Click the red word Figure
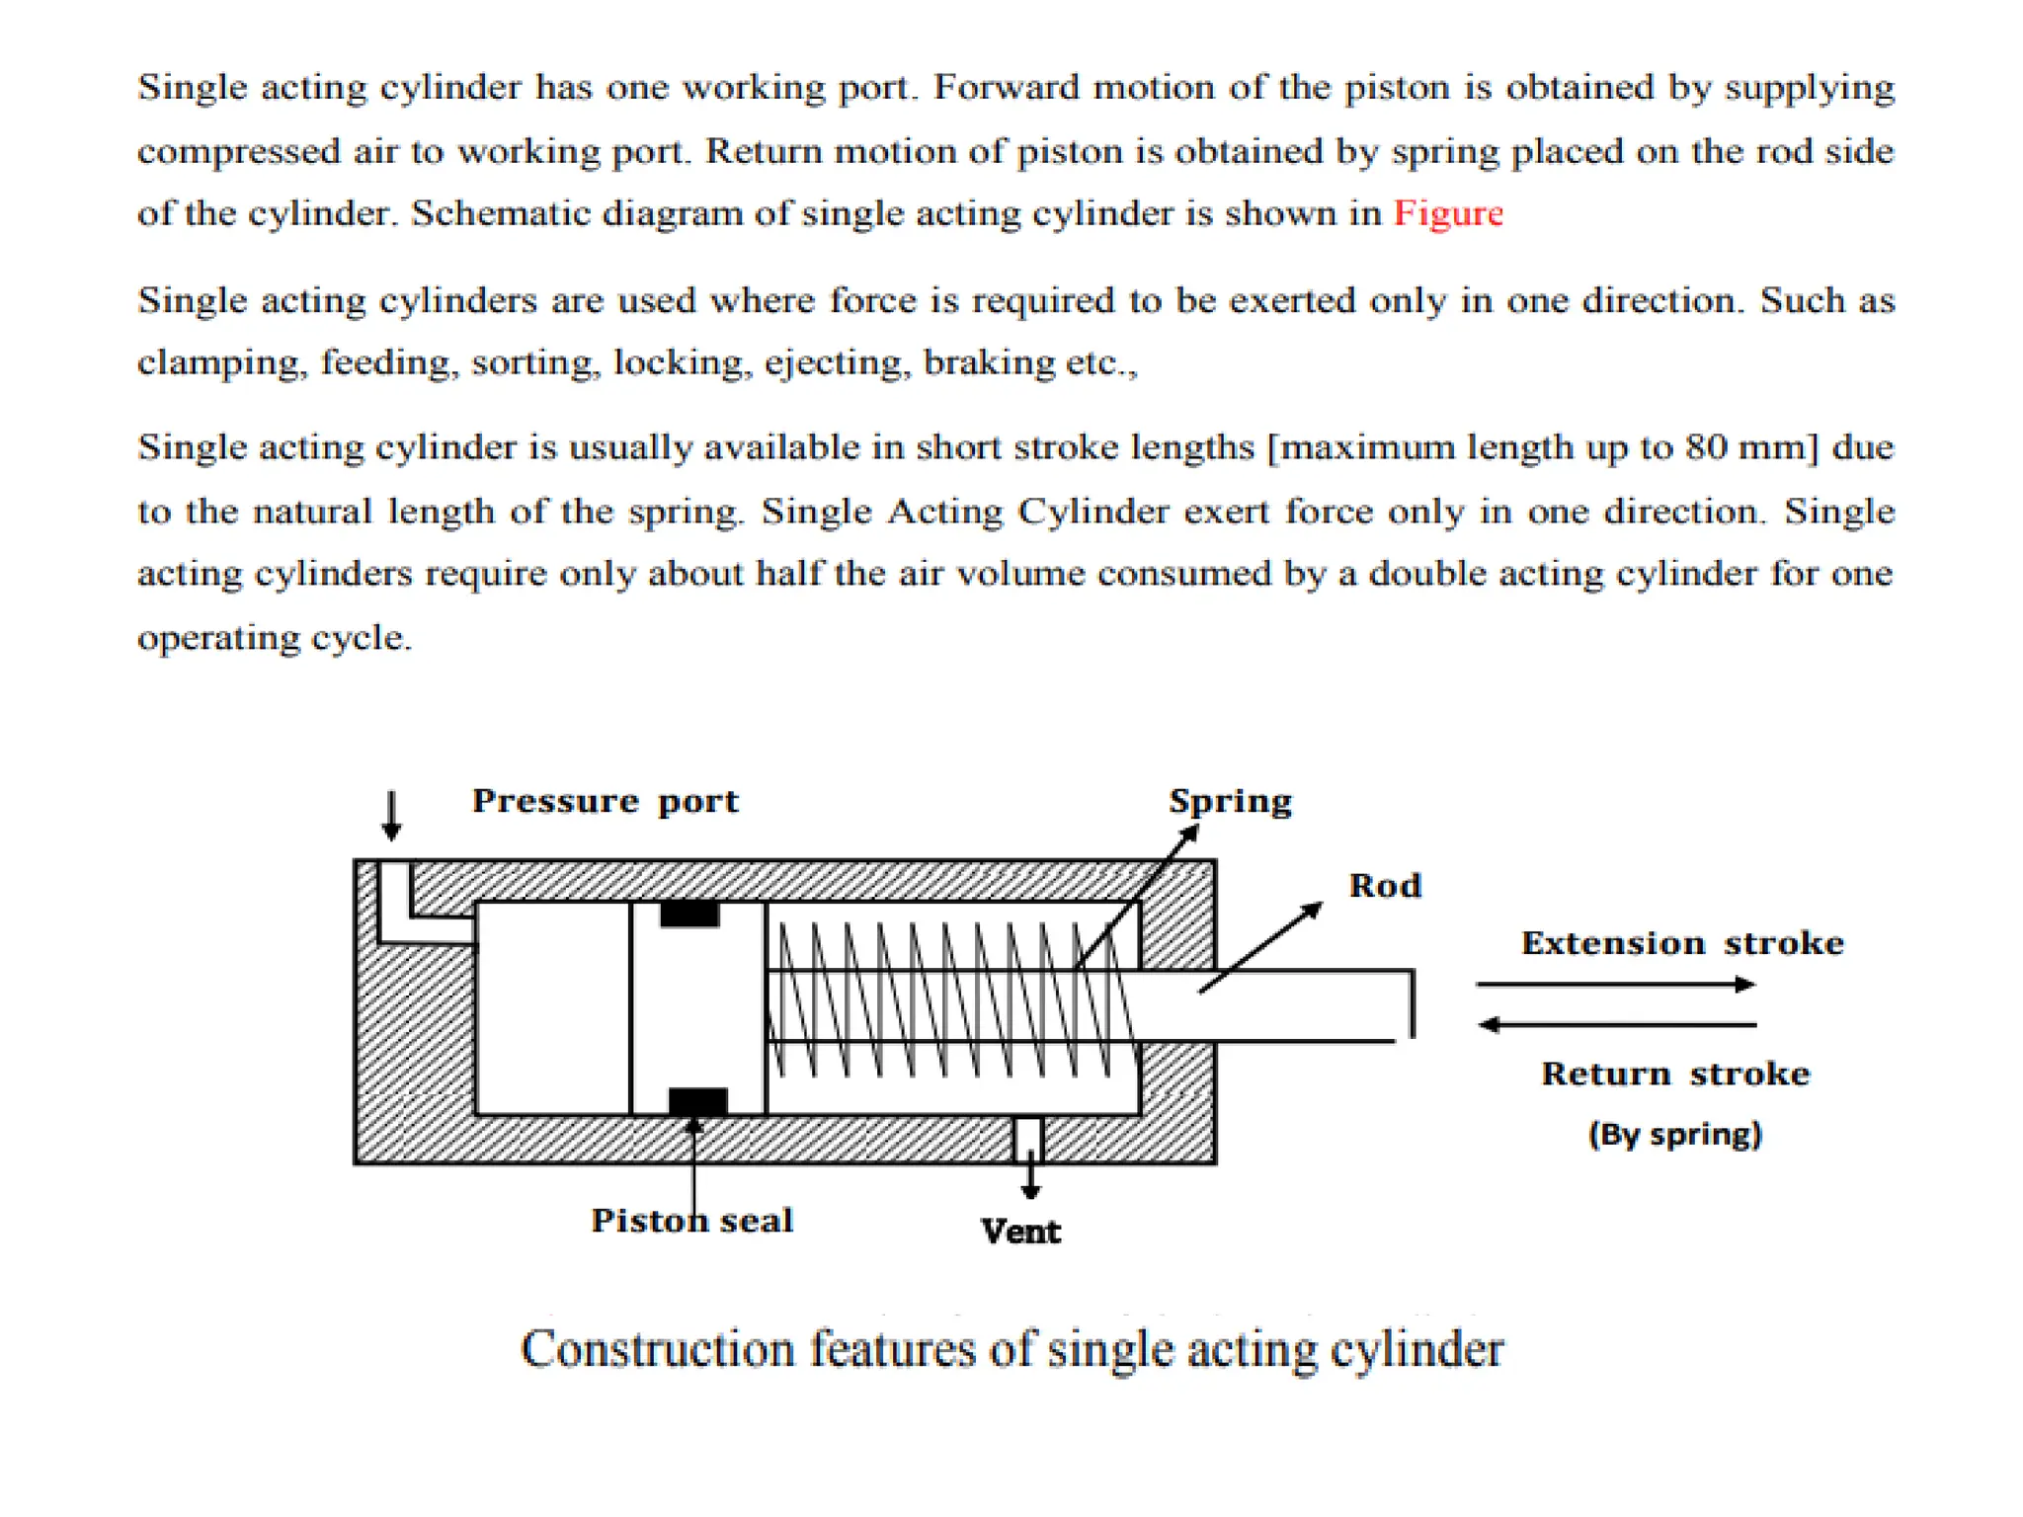click(1447, 213)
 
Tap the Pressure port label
click(605, 800)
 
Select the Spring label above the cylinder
click(1230, 800)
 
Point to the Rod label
click(1385, 885)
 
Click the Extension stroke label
click(1681, 942)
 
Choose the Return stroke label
click(1675, 1073)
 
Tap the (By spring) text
click(1674, 1133)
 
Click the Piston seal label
click(691, 1221)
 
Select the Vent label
click(1020, 1232)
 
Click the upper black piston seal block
click(689, 914)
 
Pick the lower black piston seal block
click(697, 1100)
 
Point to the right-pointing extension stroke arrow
click(1615, 984)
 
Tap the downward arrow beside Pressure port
click(391, 815)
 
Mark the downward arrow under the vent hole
click(1030, 1179)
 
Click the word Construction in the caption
click(657, 1349)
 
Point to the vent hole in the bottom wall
click(1028, 1138)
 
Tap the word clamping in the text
click(220, 362)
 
